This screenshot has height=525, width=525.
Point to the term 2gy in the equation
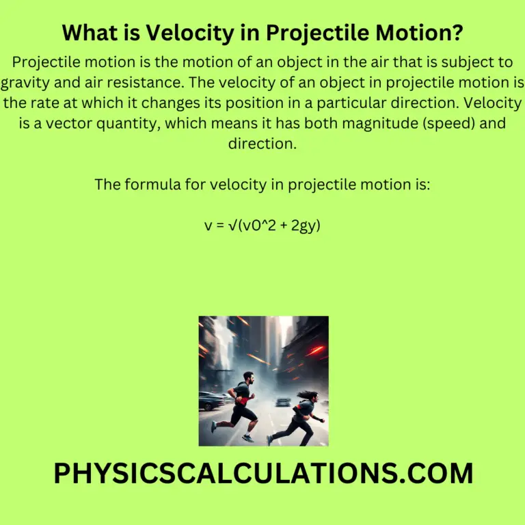305,225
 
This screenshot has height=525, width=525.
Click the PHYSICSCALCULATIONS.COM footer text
262,473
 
